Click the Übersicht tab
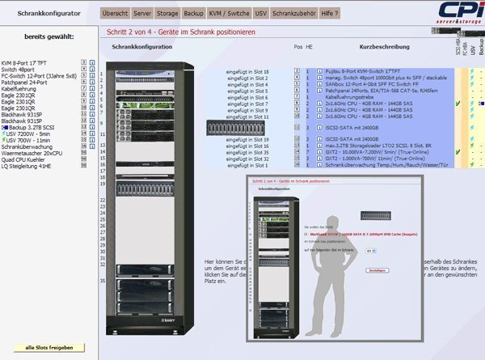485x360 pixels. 115,15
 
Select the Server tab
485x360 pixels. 142,15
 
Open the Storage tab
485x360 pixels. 167,15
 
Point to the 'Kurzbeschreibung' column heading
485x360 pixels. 377,47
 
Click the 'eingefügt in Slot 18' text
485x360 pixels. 248,72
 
